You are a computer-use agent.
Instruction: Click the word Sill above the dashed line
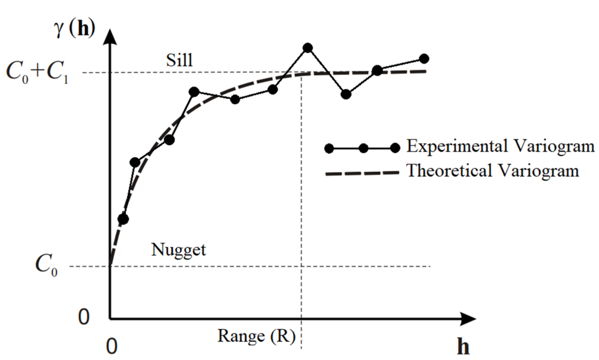[x=180, y=60]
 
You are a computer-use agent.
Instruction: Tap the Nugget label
[x=179, y=249]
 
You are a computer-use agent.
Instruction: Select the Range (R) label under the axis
[x=257, y=335]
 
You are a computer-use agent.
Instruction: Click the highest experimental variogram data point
[x=307, y=48]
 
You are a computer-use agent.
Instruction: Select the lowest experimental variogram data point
[x=123, y=219]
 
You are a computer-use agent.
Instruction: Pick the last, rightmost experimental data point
[x=424, y=59]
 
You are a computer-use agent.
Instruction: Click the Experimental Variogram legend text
[x=500, y=147]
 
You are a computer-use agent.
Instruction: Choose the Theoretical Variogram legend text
[x=492, y=170]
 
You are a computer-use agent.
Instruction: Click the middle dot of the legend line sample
[x=363, y=148]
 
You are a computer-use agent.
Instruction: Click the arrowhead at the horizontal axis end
[x=469, y=319]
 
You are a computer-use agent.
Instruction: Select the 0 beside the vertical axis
[x=84, y=317]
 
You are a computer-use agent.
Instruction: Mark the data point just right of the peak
[x=346, y=94]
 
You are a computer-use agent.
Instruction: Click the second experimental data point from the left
[x=135, y=162]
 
